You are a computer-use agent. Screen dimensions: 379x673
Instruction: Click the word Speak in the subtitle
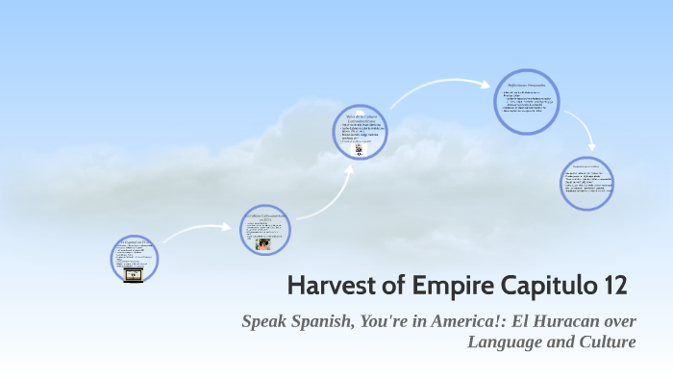tap(263, 320)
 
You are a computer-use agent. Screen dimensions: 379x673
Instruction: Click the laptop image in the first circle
tap(134, 274)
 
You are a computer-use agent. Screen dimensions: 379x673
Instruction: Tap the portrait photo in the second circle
tap(262, 244)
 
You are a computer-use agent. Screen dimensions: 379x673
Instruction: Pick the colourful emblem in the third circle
tap(359, 150)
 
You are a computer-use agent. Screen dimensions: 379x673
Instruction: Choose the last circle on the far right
tap(586, 182)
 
